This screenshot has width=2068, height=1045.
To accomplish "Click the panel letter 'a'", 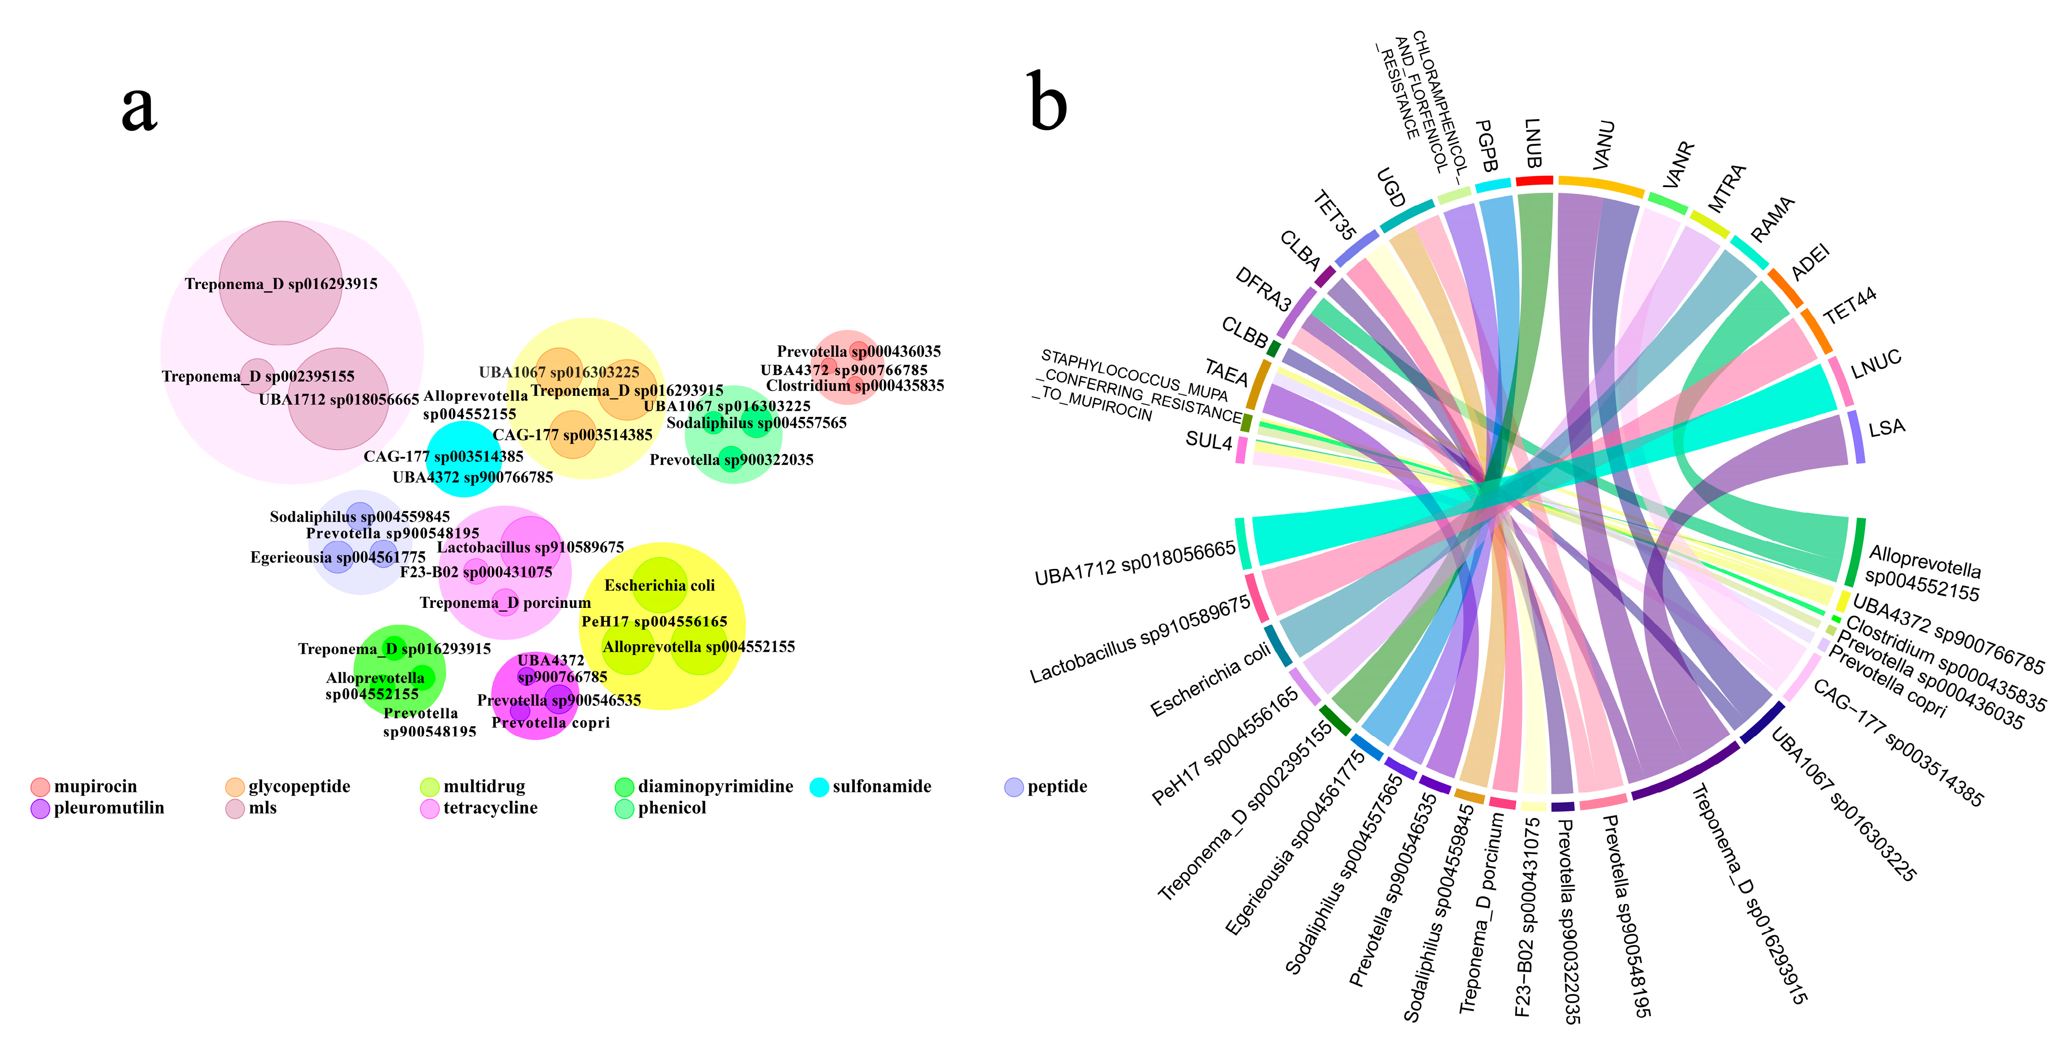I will point(139,108).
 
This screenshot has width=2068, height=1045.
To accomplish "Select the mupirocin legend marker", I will point(40,786).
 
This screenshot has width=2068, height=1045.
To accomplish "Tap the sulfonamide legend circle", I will point(819,786).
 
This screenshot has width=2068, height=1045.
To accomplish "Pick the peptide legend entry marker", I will point(1014,786).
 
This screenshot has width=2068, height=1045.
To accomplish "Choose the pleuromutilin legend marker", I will point(40,808).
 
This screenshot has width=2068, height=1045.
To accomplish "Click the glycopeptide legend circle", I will point(235,786).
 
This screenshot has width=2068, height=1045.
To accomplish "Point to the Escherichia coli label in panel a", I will point(659,586).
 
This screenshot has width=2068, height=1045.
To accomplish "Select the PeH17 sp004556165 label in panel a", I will point(654,621).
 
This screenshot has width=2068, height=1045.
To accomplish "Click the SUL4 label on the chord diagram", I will point(1208,441).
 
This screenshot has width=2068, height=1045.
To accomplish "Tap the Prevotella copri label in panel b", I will point(1887,683).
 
